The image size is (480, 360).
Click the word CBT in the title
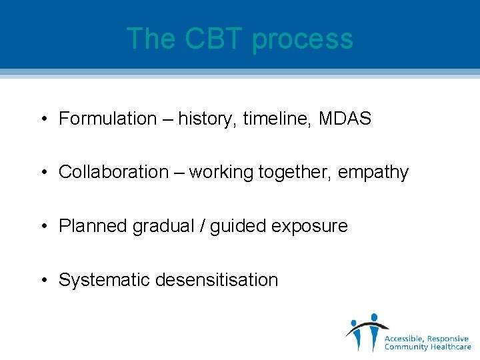(214, 39)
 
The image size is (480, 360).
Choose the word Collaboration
(113, 172)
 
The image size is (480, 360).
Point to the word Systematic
(104, 280)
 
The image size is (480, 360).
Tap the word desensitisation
(217, 280)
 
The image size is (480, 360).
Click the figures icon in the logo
(365, 331)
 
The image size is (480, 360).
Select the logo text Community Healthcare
(427, 347)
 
